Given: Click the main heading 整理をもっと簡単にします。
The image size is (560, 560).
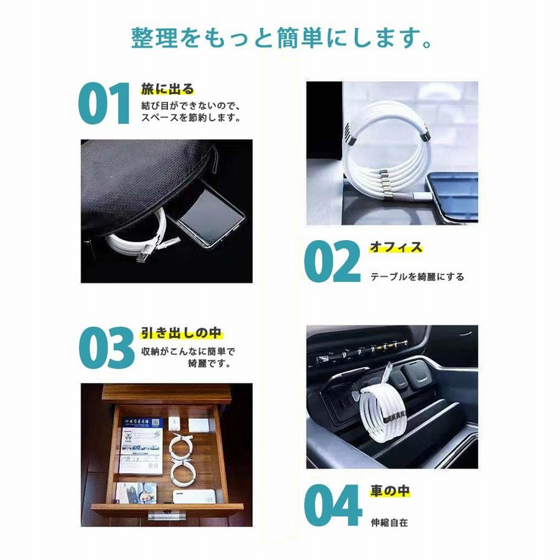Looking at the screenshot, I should coord(280,38).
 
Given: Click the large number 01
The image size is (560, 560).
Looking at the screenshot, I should coord(104,104).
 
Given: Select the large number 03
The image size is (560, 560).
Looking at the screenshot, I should coord(106,348).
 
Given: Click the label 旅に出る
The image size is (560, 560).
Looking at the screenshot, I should coord(167,89).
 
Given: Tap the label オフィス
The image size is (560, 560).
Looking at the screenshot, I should coord(396,247).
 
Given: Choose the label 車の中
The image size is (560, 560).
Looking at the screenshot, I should coord(389,492).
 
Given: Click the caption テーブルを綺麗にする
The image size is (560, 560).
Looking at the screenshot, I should coord(417,276).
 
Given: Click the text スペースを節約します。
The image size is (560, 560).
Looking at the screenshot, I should coord(192,118).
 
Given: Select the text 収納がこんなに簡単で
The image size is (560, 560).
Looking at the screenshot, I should coord(188,351).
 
